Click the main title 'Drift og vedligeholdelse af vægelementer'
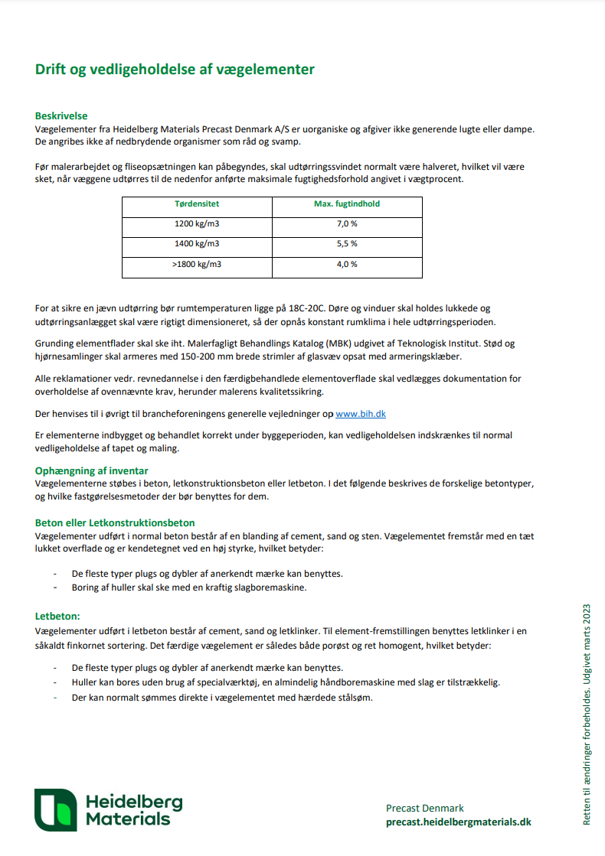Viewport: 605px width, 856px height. (x=175, y=70)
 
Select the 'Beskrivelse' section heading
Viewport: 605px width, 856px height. (x=61, y=116)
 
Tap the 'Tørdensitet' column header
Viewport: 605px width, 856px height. (x=197, y=204)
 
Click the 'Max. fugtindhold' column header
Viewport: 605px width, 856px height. (x=347, y=204)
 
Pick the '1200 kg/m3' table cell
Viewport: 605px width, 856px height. (x=197, y=223)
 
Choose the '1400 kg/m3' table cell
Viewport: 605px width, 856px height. (x=197, y=243)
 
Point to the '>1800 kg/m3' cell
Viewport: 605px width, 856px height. (x=197, y=264)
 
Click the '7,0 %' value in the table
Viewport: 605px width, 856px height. (x=347, y=223)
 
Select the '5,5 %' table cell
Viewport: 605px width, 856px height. (x=347, y=243)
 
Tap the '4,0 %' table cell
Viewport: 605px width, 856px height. (x=347, y=264)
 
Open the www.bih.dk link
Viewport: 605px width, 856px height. (x=360, y=414)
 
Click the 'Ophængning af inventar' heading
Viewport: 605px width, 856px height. (x=92, y=470)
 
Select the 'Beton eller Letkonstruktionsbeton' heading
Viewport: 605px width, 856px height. (x=115, y=523)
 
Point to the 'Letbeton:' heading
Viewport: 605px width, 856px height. (x=57, y=615)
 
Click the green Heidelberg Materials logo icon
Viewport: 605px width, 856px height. (x=56, y=809)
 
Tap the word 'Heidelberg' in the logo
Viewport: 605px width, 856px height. (x=134, y=801)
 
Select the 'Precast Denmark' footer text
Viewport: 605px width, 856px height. (x=425, y=808)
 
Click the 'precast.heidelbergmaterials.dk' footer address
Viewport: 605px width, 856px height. (x=458, y=822)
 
